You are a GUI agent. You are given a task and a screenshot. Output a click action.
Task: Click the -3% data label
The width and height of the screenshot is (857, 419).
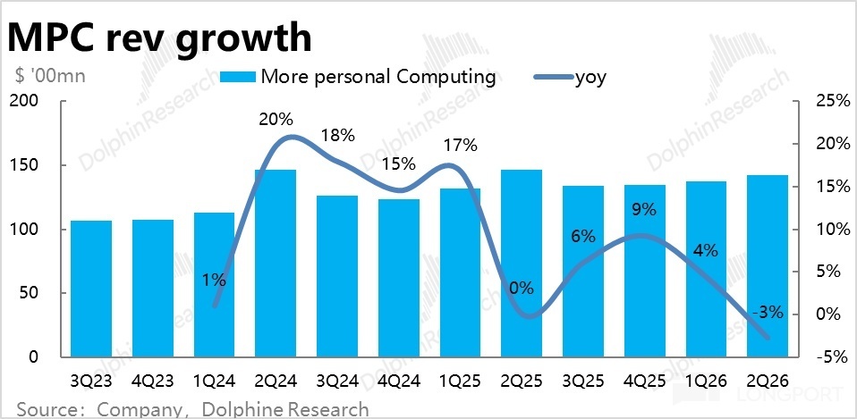click(x=767, y=313)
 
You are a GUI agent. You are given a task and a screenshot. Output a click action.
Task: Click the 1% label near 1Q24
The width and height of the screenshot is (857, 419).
click(x=214, y=280)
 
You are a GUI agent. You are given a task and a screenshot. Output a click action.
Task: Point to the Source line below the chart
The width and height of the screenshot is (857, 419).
click(x=192, y=409)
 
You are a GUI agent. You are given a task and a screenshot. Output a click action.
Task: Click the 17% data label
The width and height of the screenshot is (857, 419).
click(x=461, y=146)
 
